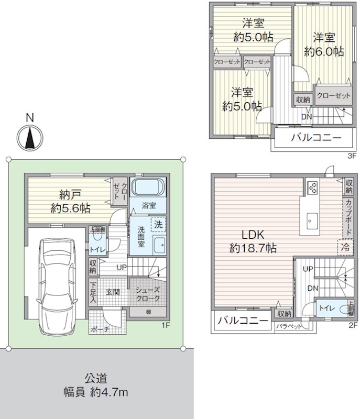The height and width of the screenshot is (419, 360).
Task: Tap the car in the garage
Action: click(55, 283)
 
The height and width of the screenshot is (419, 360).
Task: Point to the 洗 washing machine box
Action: click(158, 224)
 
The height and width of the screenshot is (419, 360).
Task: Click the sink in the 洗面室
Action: click(159, 244)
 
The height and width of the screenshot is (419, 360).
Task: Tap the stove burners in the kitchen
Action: click(311, 187)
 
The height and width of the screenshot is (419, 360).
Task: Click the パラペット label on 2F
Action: click(289, 325)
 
